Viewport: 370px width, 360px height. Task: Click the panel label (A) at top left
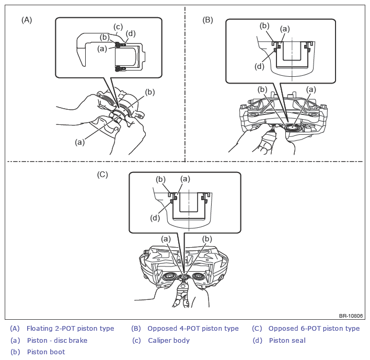coord(27,20)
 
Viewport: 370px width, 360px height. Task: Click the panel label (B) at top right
coord(207,20)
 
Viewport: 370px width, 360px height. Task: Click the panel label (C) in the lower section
coord(102,175)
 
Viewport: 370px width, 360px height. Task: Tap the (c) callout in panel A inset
coord(118,27)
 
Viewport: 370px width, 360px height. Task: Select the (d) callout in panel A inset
coord(131,33)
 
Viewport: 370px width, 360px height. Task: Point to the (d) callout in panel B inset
coord(259,66)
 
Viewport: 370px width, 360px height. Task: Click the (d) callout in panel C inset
coord(155,218)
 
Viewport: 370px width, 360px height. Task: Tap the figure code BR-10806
coord(351,316)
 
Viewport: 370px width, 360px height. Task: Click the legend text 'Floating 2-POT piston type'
coord(71,328)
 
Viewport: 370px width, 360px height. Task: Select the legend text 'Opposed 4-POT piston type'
coord(193,328)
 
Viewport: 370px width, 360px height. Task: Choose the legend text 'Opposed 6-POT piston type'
coord(314,328)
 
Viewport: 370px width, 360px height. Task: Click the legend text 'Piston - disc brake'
coord(57,341)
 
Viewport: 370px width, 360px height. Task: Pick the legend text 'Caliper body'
coord(169,341)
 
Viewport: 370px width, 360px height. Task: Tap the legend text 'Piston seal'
coord(287,341)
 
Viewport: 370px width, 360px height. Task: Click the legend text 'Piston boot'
coord(46,352)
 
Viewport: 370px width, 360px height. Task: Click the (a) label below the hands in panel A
coord(80,142)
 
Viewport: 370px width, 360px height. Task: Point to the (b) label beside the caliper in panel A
coord(150,92)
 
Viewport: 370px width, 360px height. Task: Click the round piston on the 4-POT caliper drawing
coord(292,127)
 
